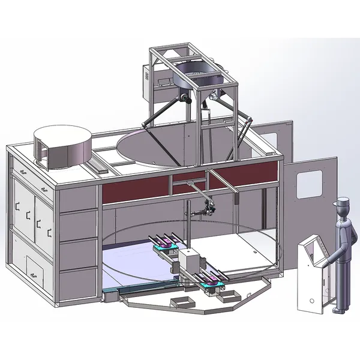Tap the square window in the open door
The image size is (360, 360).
point(311,184)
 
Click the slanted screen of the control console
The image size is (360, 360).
point(312,249)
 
